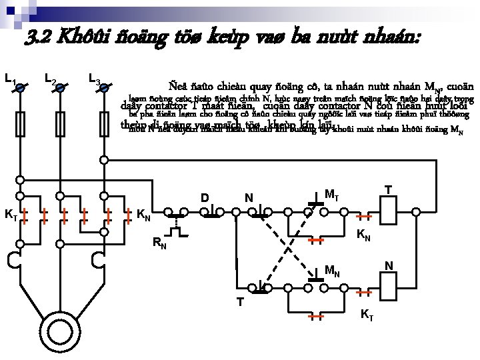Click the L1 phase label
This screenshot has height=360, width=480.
click(x=9, y=81)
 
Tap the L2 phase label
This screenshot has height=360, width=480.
click(x=49, y=81)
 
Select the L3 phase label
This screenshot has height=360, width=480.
click(x=94, y=81)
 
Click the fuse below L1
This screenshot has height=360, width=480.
click(x=20, y=123)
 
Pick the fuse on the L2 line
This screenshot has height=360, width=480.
click(x=61, y=123)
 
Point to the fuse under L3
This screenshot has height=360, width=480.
click(x=104, y=123)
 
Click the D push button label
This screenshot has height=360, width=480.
click(x=205, y=198)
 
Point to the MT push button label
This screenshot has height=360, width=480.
click(x=331, y=195)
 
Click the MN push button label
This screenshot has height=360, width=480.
click(x=332, y=271)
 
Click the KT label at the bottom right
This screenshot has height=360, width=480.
click(x=367, y=315)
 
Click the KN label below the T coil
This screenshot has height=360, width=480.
click(x=364, y=235)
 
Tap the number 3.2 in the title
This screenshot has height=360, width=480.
click(x=39, y=37)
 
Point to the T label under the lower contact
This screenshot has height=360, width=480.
click(x=240, y=301)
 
